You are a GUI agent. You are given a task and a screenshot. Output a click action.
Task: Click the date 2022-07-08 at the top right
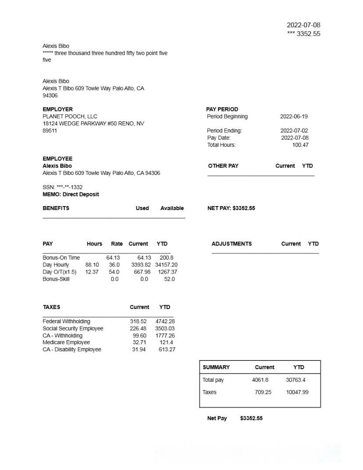(303, 25)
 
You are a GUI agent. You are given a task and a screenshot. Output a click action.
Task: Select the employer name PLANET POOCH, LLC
(70, 117)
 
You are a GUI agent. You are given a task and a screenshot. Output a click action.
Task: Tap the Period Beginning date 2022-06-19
(294, 117)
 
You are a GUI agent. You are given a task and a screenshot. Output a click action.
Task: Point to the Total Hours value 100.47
(300, 145)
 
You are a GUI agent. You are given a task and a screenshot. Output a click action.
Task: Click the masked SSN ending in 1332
(62, 187)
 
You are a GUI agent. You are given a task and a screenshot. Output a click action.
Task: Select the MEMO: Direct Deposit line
(71, 194)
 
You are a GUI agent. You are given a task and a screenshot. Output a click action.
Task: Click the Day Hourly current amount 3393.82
(141, 265)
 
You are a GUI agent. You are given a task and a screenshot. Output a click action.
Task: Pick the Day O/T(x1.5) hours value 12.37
(92, 272)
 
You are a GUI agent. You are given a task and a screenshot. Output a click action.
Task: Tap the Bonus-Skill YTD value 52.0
(169, 279)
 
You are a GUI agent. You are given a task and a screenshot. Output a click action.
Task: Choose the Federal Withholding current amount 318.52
(138, 321)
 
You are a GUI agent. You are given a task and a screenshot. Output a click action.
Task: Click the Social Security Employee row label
(73, 328)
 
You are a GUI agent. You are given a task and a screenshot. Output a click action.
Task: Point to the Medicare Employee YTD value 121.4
(166, 342)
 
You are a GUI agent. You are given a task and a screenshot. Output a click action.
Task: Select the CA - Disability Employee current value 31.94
(139, 349)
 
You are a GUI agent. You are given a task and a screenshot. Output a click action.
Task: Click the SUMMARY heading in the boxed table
(216, 367)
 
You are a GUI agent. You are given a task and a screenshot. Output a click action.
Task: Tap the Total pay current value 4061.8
(260, 380)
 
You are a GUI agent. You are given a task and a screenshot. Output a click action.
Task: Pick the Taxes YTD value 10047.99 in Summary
(297, 392)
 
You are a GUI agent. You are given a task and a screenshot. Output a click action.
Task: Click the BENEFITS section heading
(56, 208)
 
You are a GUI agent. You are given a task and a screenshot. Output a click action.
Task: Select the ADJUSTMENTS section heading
(231, 244)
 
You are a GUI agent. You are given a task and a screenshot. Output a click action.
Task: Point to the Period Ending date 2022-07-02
(294, 131)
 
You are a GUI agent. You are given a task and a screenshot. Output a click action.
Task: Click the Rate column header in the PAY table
(117, 244)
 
